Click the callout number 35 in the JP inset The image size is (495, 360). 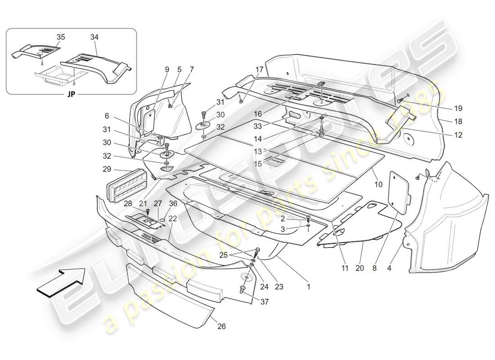61,37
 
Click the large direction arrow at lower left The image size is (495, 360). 62,281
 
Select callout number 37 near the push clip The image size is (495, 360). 265,302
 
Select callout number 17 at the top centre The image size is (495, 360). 259,70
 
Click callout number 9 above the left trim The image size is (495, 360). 167,70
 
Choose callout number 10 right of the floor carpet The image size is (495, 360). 378,185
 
